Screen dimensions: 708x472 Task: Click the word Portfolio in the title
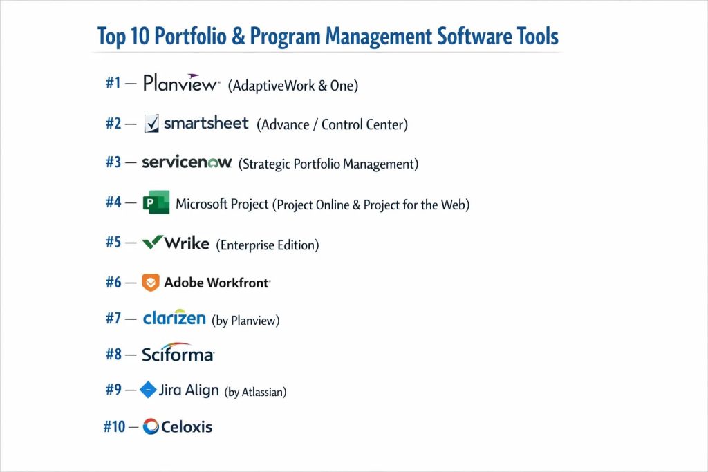[x=191, y=37]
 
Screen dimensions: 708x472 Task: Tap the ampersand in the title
[x=238, y=36]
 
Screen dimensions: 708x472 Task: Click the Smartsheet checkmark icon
[x=151, y=123]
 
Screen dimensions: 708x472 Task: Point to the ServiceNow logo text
[x=187, y=162]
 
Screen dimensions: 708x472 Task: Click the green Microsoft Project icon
[x=156, y=202]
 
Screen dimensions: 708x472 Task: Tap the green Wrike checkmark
[x=152, y=242]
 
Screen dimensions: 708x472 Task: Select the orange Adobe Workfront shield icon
[x=151, y=283]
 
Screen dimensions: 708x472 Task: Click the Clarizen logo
[x=174, y=317]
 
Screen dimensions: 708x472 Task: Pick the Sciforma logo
[x=178, y=352]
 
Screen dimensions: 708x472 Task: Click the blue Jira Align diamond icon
[x=148, y=390]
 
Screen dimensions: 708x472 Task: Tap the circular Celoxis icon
[x=151, y=426]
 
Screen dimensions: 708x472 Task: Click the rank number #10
[x=114, y=426]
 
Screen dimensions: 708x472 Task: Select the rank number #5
[x=113, y=243]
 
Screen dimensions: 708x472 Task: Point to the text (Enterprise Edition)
[x=268, y=245]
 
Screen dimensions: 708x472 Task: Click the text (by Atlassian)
[x=256, y=392]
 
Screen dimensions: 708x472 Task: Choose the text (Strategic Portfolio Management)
[x=328, y=164]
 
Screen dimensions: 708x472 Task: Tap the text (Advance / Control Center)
[x=333, y=124]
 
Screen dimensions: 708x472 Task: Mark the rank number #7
[x=113, y=319]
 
